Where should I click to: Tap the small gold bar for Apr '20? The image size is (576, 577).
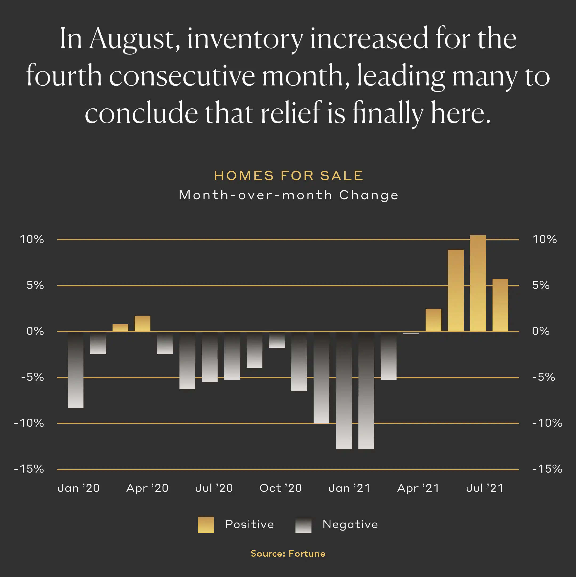pyautogui.click(x=142, y=323)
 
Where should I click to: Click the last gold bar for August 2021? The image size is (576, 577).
pyautogui.click(x=500, y=305)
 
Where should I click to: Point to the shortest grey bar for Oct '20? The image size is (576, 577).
pyautogui.click(x=277, y=340)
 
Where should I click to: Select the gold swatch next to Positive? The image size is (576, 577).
pyautogui.click(x=206, y=525)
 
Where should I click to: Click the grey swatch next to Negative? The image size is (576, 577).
pyautogui.click(x=303, y=525)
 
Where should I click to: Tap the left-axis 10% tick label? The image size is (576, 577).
pyautogui.click(x=32, y=240)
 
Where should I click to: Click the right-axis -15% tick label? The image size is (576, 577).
pyautogui.click(x=547, y=469)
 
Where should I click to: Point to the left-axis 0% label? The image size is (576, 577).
pyautogui.click(x=35, y=331)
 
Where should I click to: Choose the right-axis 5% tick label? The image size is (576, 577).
pyautogui.click(x=541, y=285)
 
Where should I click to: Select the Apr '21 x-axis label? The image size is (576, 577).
pyautogui.click(x=418, y=488)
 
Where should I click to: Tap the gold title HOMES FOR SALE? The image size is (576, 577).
pyautogui.click(x=289, y=176)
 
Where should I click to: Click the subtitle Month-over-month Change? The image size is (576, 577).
pyautogui.click(x=289, y=195)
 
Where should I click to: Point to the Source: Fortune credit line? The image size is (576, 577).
pyautogui.click(x=288, y=554)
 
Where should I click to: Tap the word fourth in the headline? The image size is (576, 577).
pyautogui.click(x=64, y=76)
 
